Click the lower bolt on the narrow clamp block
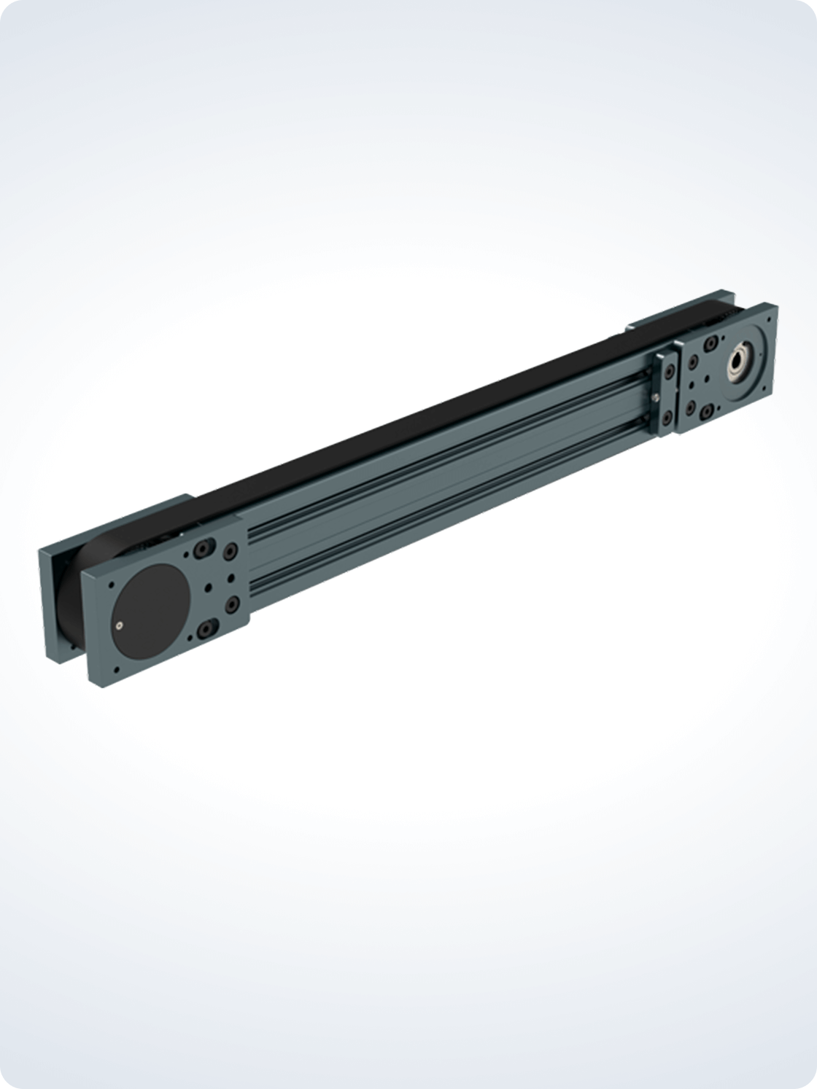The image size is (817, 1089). (667, 417)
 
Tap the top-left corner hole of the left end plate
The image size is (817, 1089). (110, 584)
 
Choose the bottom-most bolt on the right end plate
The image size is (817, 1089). (705, 416)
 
